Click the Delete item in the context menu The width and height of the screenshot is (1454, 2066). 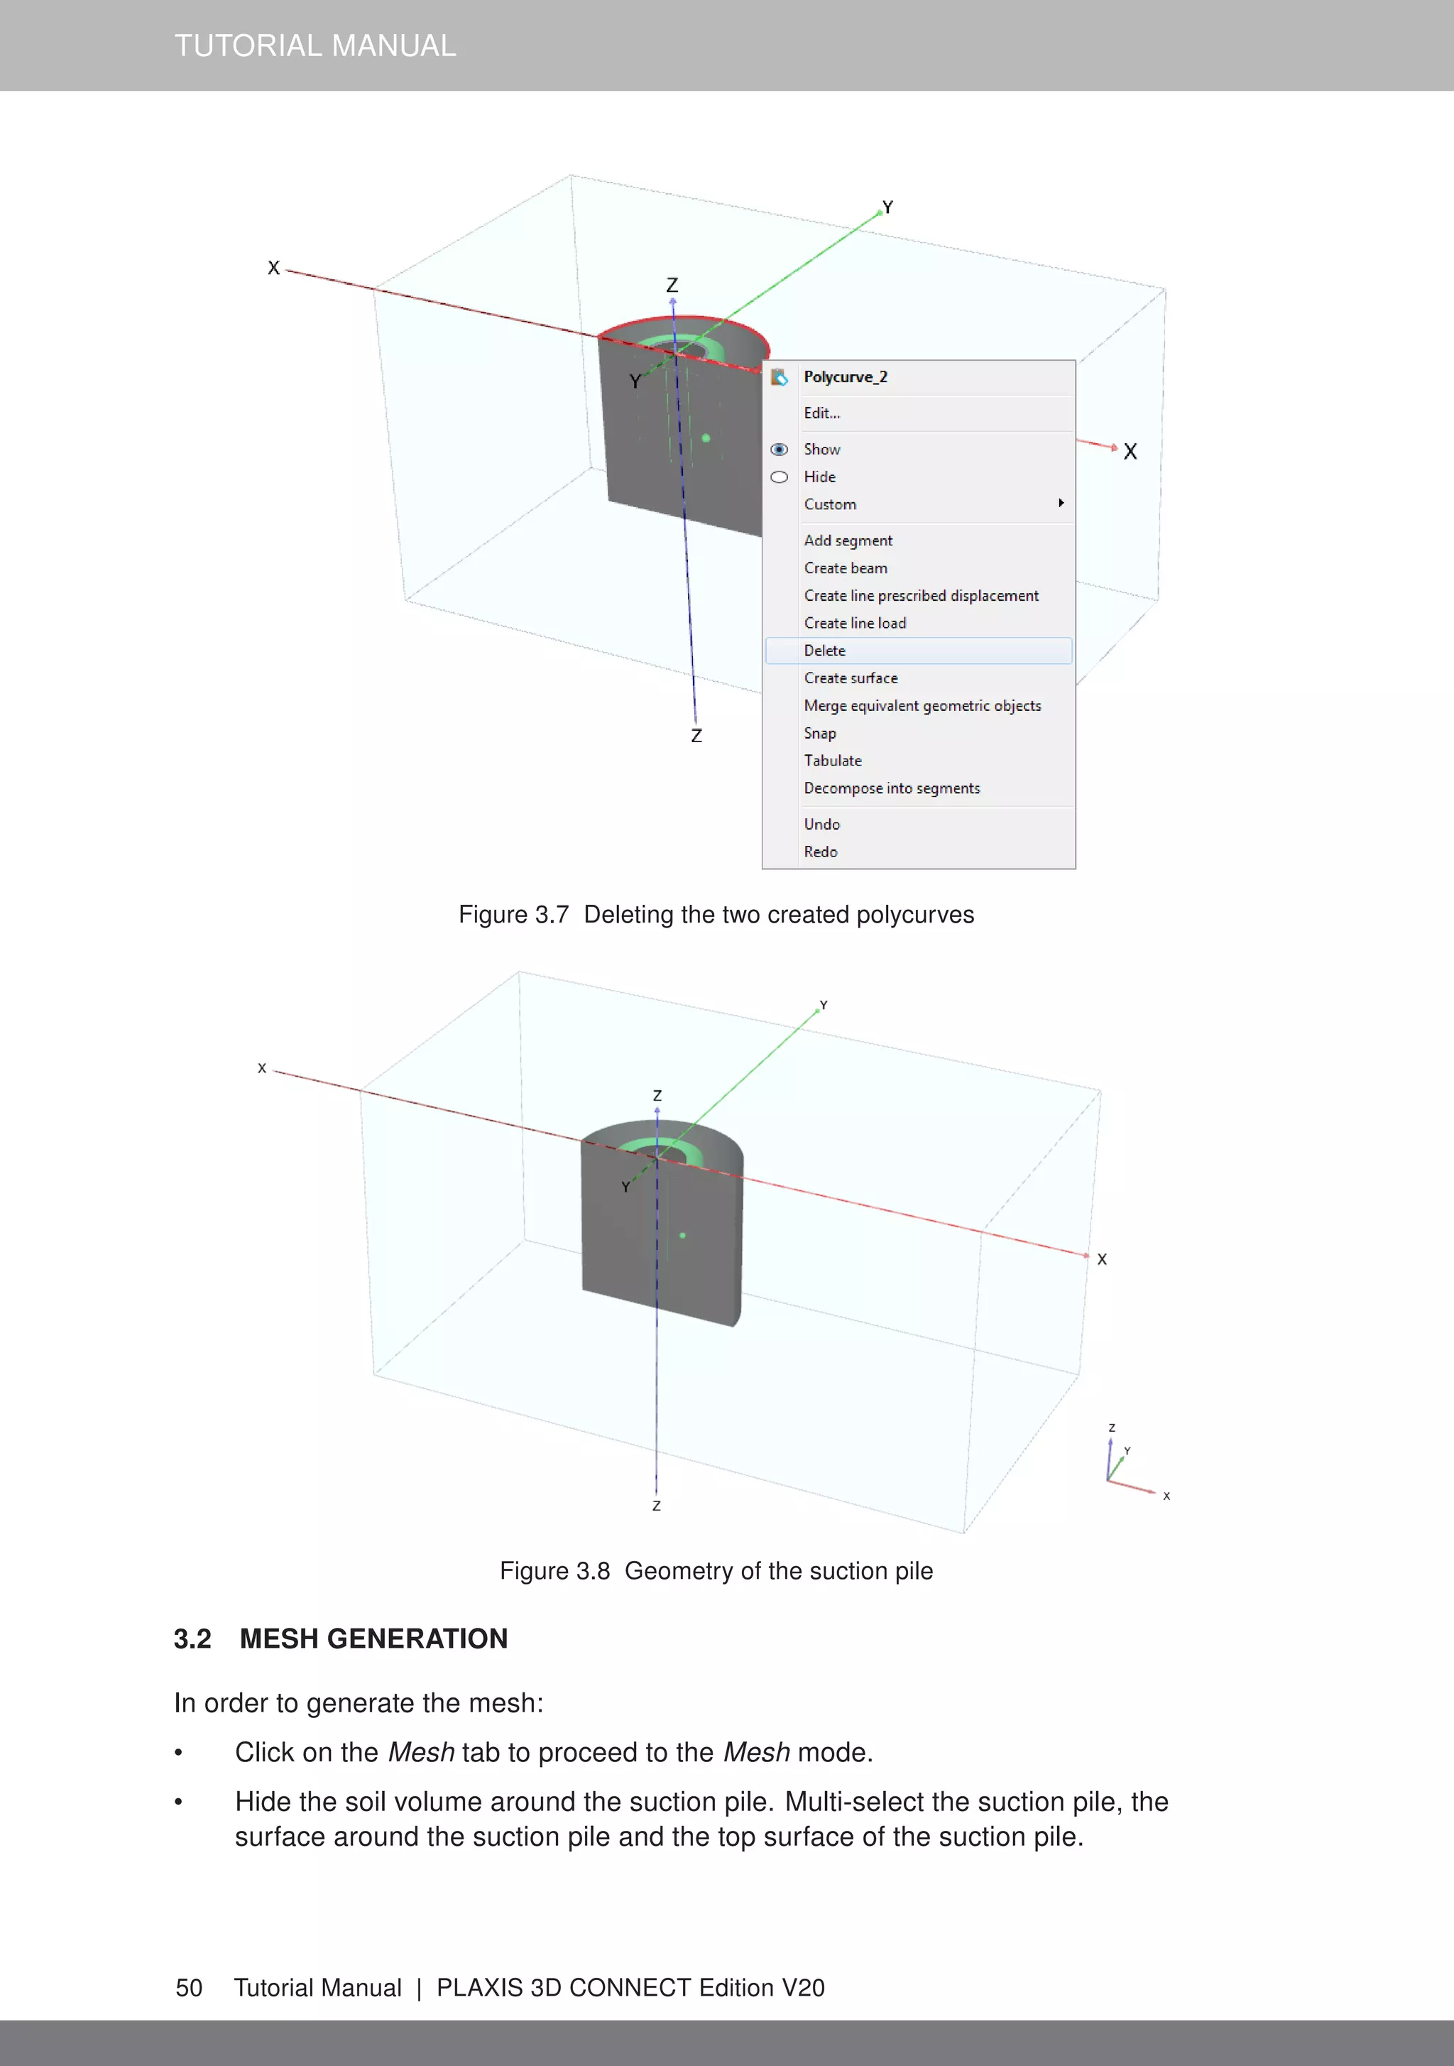825,651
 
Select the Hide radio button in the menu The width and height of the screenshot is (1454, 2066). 780,477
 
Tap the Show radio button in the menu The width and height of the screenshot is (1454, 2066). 780,449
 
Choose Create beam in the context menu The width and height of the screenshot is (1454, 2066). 845,567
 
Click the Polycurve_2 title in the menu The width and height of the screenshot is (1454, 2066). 845,377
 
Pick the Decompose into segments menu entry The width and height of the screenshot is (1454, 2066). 892,788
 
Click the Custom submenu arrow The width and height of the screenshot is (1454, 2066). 1061,503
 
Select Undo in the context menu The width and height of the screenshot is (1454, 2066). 821,825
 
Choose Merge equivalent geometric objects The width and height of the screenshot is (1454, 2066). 922,705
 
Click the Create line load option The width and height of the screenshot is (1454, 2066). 855,623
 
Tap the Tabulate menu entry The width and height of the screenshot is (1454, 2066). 832,761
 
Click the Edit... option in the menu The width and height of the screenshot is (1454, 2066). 821,413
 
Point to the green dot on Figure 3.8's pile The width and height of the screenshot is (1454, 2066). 683,1236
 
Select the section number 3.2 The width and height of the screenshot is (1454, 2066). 192,1638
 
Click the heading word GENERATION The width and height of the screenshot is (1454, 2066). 417,1638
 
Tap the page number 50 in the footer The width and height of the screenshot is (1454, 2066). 189,1988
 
